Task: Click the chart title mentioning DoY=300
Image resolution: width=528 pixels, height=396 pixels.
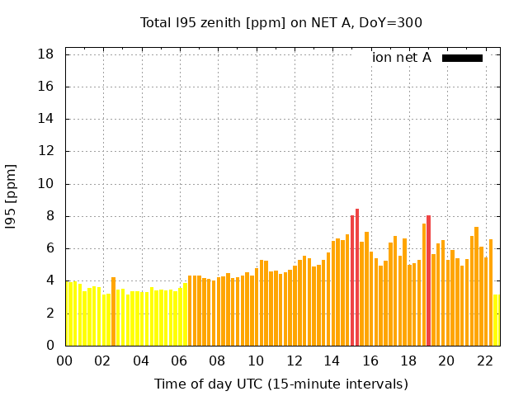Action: click(x=280, y=22)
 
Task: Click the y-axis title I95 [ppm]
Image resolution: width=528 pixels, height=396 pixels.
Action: click(x=12, y=196)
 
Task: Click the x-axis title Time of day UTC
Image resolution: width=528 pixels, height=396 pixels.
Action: click(x=280, y=384)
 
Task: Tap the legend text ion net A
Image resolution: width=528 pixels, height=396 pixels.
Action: click(x=402, y=58)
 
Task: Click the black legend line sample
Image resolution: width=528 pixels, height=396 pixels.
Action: click(x=462, y=58)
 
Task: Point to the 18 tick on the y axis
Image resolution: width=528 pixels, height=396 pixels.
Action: click(x=46, y=54)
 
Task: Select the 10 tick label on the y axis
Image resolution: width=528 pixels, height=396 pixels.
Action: click(x=46, y=184)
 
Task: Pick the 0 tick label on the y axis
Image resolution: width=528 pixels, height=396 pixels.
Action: click(x=49, y=346)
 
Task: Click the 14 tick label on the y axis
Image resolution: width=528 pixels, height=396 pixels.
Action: click(x=46, y=119)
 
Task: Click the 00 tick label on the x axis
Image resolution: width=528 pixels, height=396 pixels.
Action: click(x=65, y=361)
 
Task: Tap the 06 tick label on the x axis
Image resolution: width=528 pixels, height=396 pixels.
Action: click(x=180, y=361)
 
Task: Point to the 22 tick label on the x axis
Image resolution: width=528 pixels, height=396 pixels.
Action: click(x=485, y=361)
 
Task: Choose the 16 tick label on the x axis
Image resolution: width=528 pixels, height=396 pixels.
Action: click(x=370, y=361)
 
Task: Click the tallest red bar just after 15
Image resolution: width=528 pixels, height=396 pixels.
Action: click(x=357, y=277)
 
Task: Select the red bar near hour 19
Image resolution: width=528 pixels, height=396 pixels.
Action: click(x=428, y=280)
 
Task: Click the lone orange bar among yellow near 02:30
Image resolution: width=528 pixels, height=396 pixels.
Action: click(x=113, y=312)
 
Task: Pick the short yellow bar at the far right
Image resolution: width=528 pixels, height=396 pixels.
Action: click(x=496, y=320)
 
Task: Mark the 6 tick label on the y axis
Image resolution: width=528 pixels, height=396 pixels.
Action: click(x=49, y=248)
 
